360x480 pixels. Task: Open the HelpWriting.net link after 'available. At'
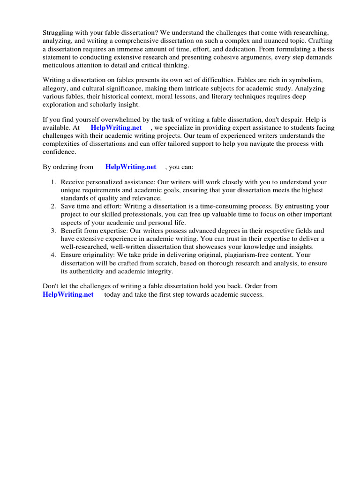116,127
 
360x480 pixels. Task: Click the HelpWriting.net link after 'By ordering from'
131,166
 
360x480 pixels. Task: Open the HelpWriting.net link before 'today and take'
68,294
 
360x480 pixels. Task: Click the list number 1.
53,182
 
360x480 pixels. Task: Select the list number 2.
53,207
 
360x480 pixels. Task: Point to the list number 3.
53,231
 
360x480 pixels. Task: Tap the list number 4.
53,255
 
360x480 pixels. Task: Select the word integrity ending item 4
159,271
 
